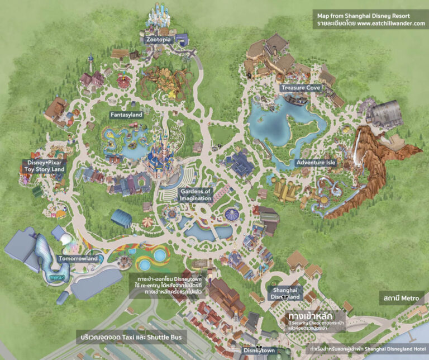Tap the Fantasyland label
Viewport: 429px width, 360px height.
[x=126, y=115]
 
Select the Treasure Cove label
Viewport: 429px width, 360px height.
[x=301, y=88]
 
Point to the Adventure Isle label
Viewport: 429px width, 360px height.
[x=315, y=163]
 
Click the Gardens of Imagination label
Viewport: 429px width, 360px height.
[x=196, y=195]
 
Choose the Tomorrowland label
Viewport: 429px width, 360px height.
[x=78, y=259]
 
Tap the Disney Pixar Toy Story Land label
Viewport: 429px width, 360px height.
[x=42, y=166]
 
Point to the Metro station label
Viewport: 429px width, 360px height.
[x=401, y=299]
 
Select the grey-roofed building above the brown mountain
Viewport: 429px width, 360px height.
[x=385, y=113]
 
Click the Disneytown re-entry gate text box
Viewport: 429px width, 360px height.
[x=165, y=283]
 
